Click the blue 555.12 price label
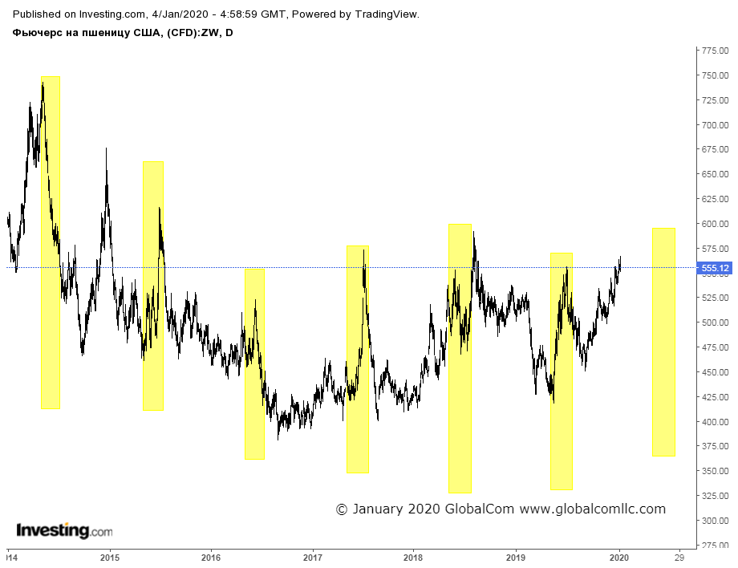point(715,268)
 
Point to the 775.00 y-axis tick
point(715,51)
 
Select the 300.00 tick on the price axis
point(715,521)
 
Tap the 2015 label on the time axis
point(110,558)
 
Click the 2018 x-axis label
point(413,558)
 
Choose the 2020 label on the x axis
point(619,558)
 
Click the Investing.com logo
point(64,531)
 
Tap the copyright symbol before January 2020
point(342,509)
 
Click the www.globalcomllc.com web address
point(593,509)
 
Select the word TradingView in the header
point(387,14)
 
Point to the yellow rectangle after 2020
point(663,342)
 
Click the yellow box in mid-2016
point(254,364)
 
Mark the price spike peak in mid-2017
point(364,250)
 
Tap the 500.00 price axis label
point(715,323)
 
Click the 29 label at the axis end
point(679,558)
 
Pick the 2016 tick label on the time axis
point(211,558)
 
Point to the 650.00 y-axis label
point(715,174)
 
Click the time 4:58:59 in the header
point(238,14)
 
